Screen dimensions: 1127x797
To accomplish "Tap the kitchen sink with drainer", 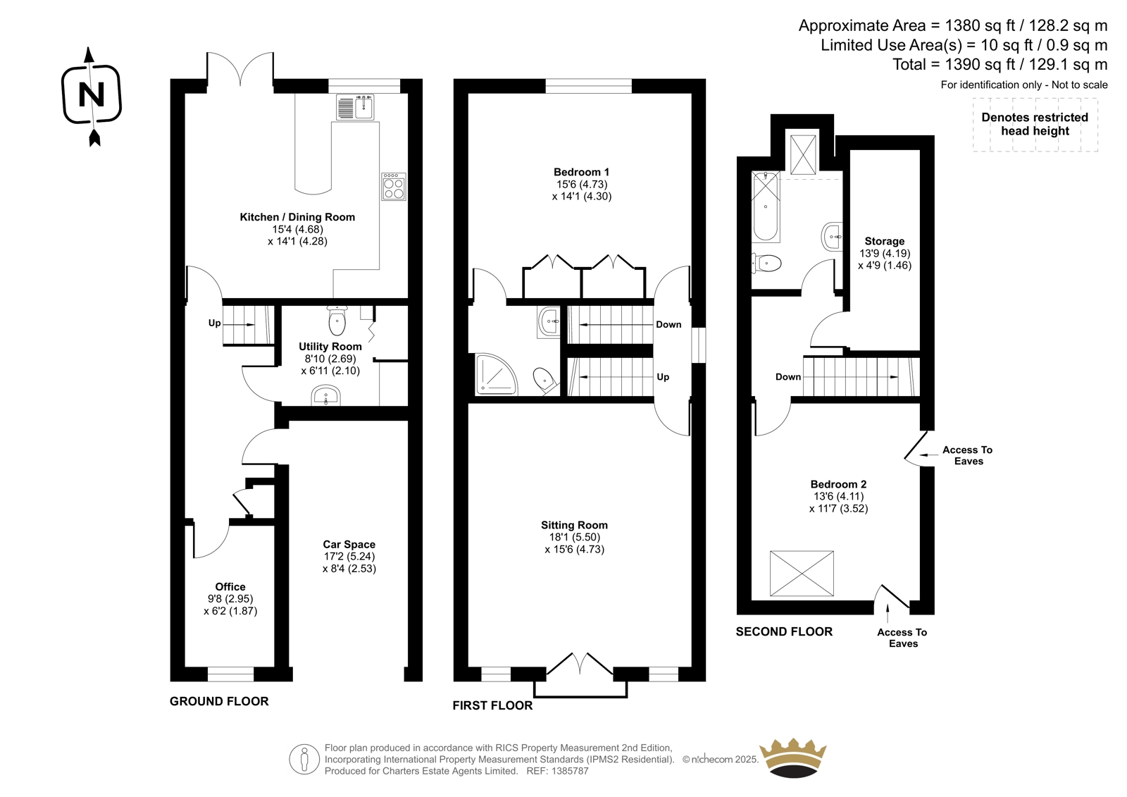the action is [355, 107].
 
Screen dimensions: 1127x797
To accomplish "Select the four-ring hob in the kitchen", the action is [394, 187].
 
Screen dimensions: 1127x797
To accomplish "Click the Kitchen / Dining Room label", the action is [297, 217].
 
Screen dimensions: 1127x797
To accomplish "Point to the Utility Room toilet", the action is [337, 320].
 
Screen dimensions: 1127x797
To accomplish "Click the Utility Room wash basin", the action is [326, 395].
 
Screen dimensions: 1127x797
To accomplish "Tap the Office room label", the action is [230, 586].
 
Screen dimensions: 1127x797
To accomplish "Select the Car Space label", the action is [349, 544].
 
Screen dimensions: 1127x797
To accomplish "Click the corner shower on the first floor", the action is [496, 374].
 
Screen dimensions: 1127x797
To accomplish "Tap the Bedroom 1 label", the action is [582, 172].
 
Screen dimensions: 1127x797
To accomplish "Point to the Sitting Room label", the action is [575, 525].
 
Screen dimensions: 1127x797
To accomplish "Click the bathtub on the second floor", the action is [765, 206].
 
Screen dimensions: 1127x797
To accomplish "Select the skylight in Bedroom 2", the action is [802, 573].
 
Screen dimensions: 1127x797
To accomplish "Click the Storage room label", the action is [885, 241].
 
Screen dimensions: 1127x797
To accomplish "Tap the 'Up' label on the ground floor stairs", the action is [214, 323].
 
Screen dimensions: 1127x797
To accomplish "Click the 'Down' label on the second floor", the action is [788, 376].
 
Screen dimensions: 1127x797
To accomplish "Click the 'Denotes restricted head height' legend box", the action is [1035, 124].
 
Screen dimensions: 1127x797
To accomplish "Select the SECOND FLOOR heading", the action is [784, 631].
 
